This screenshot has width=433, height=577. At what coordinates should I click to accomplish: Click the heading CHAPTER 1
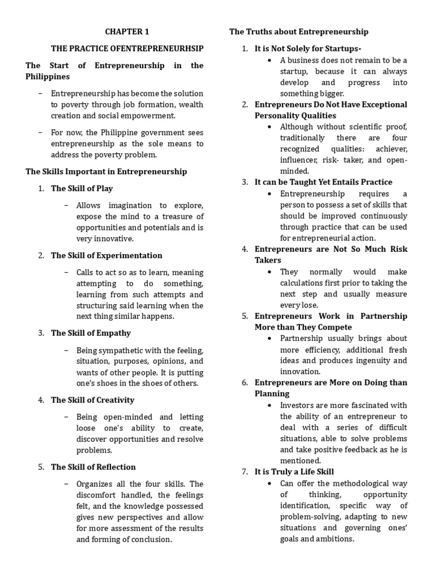point(127,32)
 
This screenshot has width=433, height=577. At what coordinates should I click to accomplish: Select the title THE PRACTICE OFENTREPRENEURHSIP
point(127,49)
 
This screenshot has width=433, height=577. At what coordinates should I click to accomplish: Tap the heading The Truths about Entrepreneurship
point(299,32)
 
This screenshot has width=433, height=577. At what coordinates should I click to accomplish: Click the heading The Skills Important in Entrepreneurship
point(106,171)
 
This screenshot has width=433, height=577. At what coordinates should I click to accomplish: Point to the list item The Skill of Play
point(82,188)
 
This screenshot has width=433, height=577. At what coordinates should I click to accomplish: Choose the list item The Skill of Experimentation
point(107,255)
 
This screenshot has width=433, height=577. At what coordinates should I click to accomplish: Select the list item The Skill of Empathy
point(91,333)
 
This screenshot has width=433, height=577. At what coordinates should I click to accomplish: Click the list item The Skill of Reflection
point(93,467)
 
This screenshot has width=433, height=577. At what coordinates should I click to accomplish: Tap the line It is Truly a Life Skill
point(294,472)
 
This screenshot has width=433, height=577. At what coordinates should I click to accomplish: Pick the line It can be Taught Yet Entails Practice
point(324,182)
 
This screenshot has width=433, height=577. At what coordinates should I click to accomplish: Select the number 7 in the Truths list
point(245,472)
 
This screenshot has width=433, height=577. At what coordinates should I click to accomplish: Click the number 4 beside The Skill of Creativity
point(41,400)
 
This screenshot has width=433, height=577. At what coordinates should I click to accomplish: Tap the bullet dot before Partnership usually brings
point(271,338)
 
